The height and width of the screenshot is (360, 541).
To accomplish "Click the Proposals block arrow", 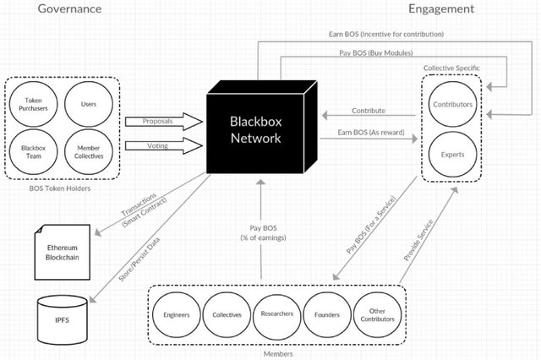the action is [x=163, y=122].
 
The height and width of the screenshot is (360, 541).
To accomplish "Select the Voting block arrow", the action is [x=163, y=146].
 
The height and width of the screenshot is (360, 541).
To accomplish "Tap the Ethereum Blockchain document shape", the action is [x=62, y=252].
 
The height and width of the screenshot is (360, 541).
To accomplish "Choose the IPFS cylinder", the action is [x=62, y=319].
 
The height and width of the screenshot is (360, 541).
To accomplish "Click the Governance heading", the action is [x=69, y=8].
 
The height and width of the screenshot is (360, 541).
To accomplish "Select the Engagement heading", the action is [x=441, y=9].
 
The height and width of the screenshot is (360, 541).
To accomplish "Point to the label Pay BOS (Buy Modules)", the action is [x=376, y=52].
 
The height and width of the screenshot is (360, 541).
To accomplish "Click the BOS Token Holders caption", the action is [x=60, y=188].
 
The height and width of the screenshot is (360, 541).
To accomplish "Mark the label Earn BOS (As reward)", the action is [x=371, y=133].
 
